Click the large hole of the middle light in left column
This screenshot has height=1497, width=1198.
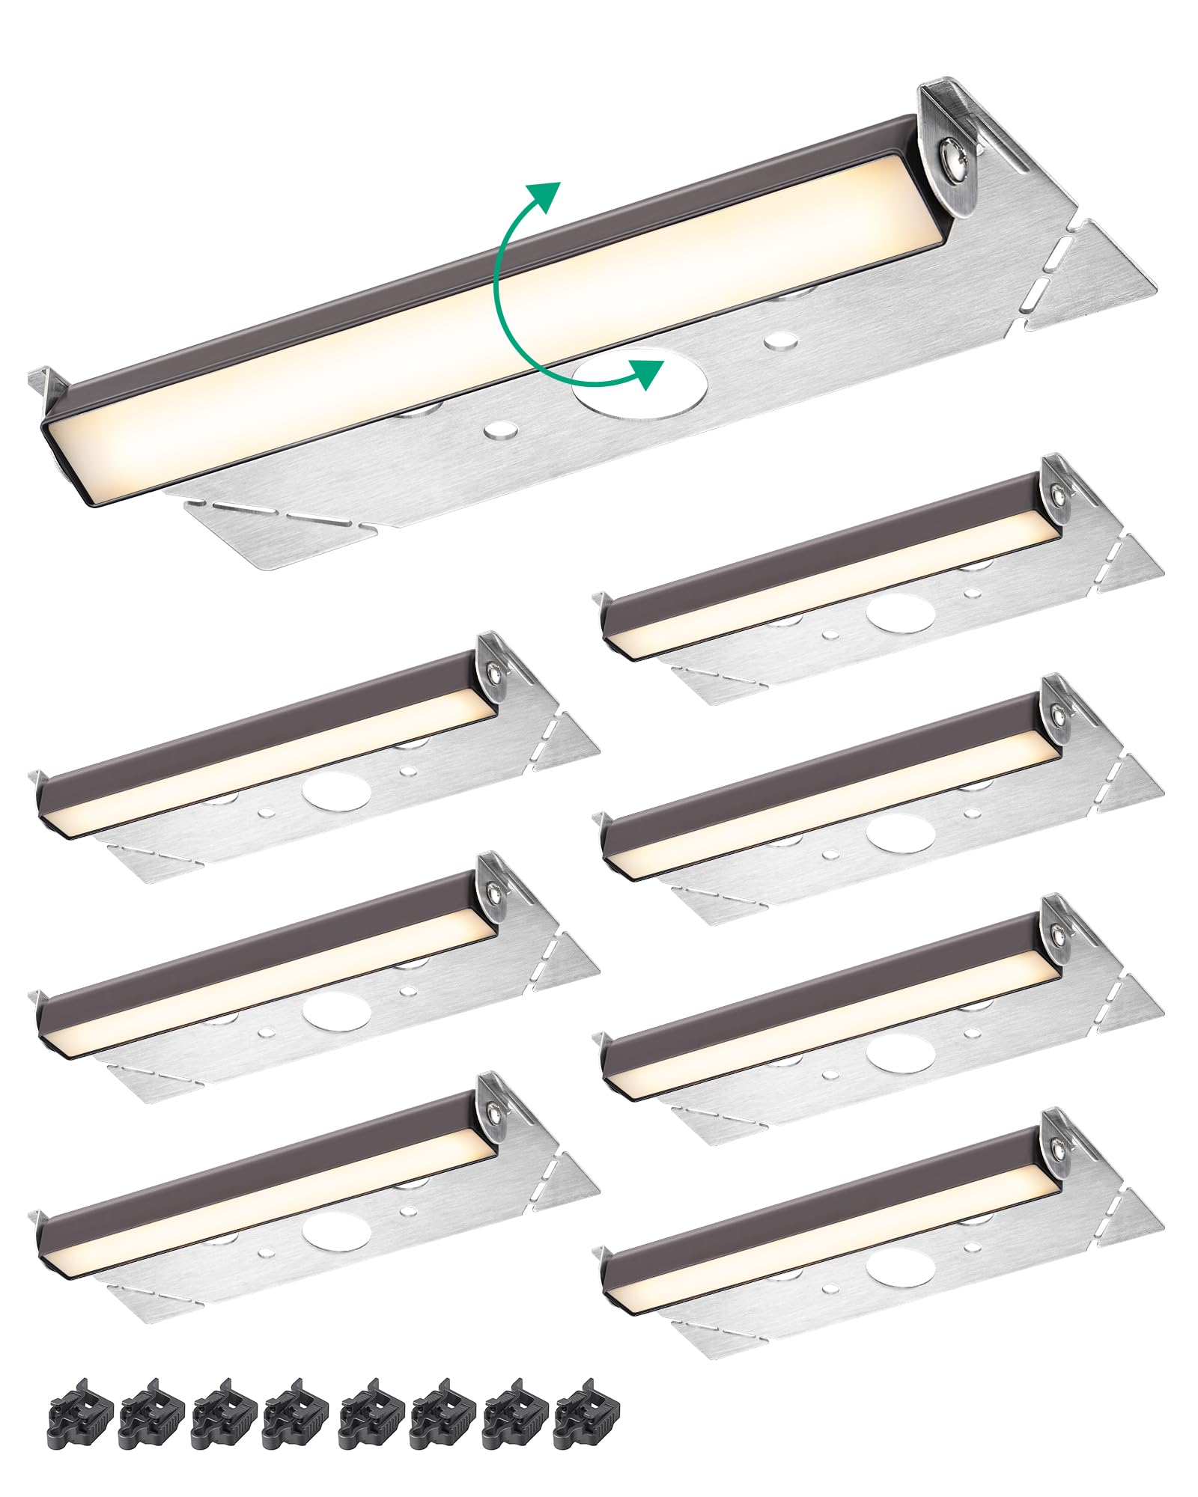click(337, 1012)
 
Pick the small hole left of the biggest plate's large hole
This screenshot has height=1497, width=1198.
click(500, 430)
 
